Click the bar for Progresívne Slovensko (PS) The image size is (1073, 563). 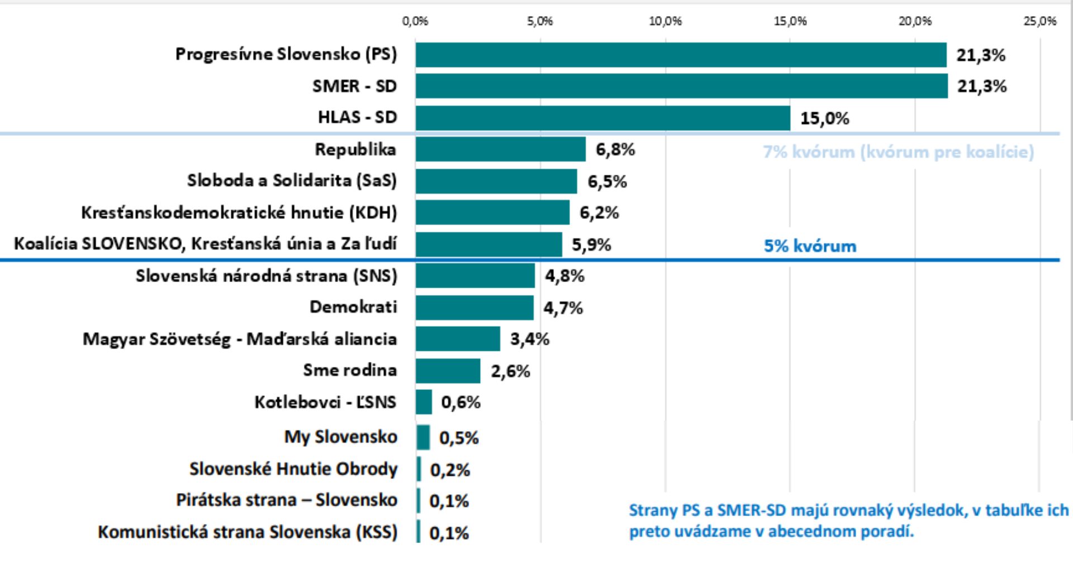point(681,55)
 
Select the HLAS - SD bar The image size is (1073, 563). point(602,118)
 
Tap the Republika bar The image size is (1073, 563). point(500,149)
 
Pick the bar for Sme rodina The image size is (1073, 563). point(448,371)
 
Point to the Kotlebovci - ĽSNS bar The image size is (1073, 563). point(424,402)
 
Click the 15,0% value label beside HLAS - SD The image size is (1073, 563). point(824,118)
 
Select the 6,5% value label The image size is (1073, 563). point(607,182)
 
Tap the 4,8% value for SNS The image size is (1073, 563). point(564,276)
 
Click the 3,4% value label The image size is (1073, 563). point(529,339)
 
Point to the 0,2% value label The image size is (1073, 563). point(450,470)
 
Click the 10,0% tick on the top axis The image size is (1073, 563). point(665,21)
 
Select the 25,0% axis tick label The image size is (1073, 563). point(1039,21)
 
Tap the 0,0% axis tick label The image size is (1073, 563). point(415,21)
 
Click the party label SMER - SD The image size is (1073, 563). point(354,86)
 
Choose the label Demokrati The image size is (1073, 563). point(353,307)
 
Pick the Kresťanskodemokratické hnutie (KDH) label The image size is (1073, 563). point(239,213)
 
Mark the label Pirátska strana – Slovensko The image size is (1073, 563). point(287,500)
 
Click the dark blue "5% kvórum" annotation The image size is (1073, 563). point(810,246)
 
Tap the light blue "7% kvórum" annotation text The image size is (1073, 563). point(898,152)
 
